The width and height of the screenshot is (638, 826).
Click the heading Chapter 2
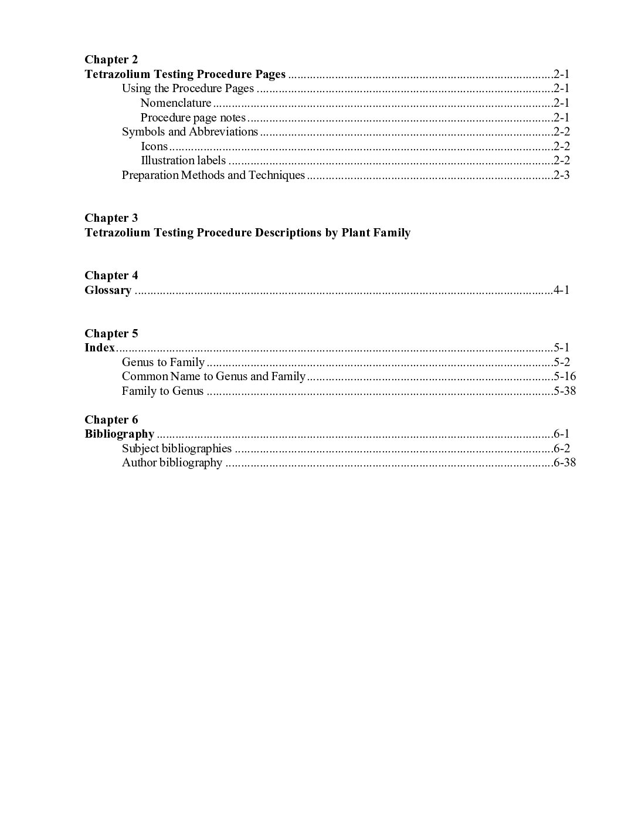click(x=111, y=59)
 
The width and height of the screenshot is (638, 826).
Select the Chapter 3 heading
click(x=111, y=218)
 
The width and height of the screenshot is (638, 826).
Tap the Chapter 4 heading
click(x=111, y=276)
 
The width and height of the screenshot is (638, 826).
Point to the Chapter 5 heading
click(x=111, y=334)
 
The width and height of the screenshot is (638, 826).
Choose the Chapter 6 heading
click(x=111, y=420)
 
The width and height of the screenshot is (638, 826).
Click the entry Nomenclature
click(x=176, y=103)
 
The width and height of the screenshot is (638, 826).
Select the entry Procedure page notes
click(x=193, y=117)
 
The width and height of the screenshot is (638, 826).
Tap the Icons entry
click(x=154, y=146)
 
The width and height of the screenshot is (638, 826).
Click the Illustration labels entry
click(x=183, y=160)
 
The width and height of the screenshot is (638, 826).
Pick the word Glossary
click(x=108, y=290)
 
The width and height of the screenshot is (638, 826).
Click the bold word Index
click(x=100, y=348)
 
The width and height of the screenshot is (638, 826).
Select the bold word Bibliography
click(x=119, y=434)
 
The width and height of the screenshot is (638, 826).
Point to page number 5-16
click(x=565, y=377)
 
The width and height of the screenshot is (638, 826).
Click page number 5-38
click(x=565, y=391)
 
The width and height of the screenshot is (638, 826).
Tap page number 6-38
click(x=565, y=463)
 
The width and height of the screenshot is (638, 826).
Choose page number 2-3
click(x=562, y=175)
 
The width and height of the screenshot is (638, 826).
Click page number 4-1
click(x=562, y=290)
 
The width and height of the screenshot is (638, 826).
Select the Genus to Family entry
click(x=163, y=363)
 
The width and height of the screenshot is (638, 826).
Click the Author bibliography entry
click(x=172, y=463)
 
